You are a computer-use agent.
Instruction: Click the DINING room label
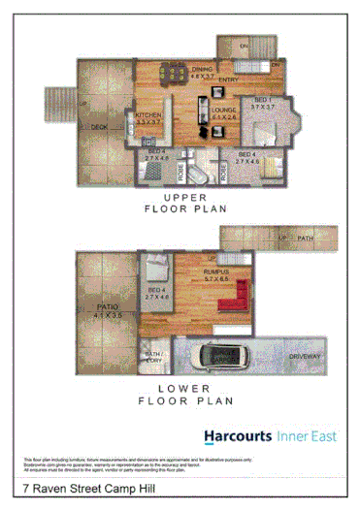(203, 69)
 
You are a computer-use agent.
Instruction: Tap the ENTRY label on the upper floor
(229, 80)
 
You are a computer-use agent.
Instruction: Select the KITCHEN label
(148, 115)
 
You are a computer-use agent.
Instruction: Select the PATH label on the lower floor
(306, 238)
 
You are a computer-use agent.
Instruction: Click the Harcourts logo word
(237, 435)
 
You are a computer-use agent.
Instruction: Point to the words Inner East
(307, 435)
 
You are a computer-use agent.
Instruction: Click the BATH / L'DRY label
(151, 359)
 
